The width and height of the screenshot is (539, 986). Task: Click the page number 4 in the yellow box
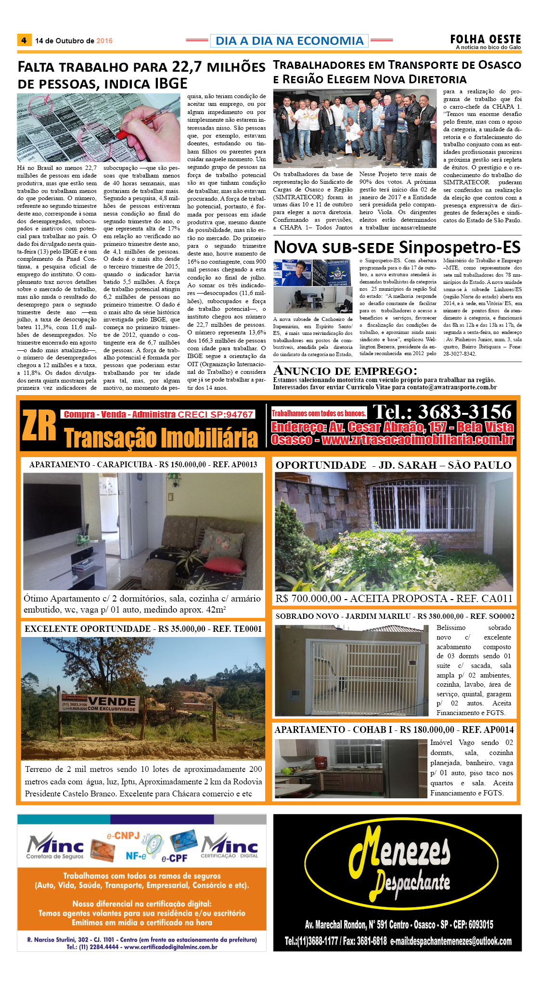24,40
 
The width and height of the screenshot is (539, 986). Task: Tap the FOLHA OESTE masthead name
485,39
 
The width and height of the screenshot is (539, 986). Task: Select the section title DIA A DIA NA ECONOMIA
289,41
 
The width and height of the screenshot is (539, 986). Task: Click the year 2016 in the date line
104,41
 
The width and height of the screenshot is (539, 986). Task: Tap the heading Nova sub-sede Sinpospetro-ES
397,247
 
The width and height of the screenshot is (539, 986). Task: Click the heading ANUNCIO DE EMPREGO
345,371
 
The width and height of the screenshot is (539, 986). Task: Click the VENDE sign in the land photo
112,701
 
